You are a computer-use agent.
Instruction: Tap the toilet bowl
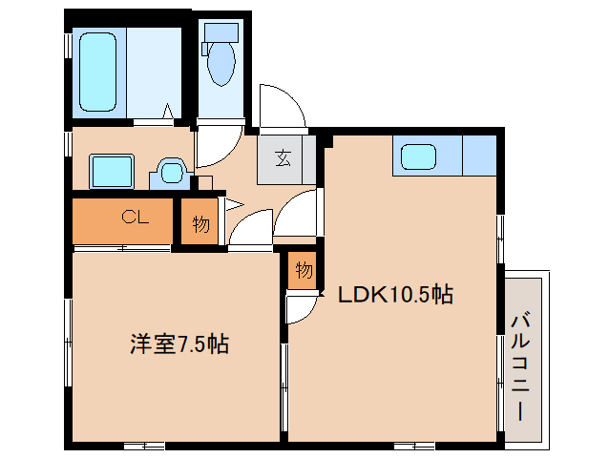click(x=221, y=63)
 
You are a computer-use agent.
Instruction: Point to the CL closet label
click(x=135, y=217)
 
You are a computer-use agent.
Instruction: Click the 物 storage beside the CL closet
click(x=200, y=224)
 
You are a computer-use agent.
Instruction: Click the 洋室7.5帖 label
click(x=179, y=344)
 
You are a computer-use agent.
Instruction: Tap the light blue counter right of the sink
click(x=480, y=156)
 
